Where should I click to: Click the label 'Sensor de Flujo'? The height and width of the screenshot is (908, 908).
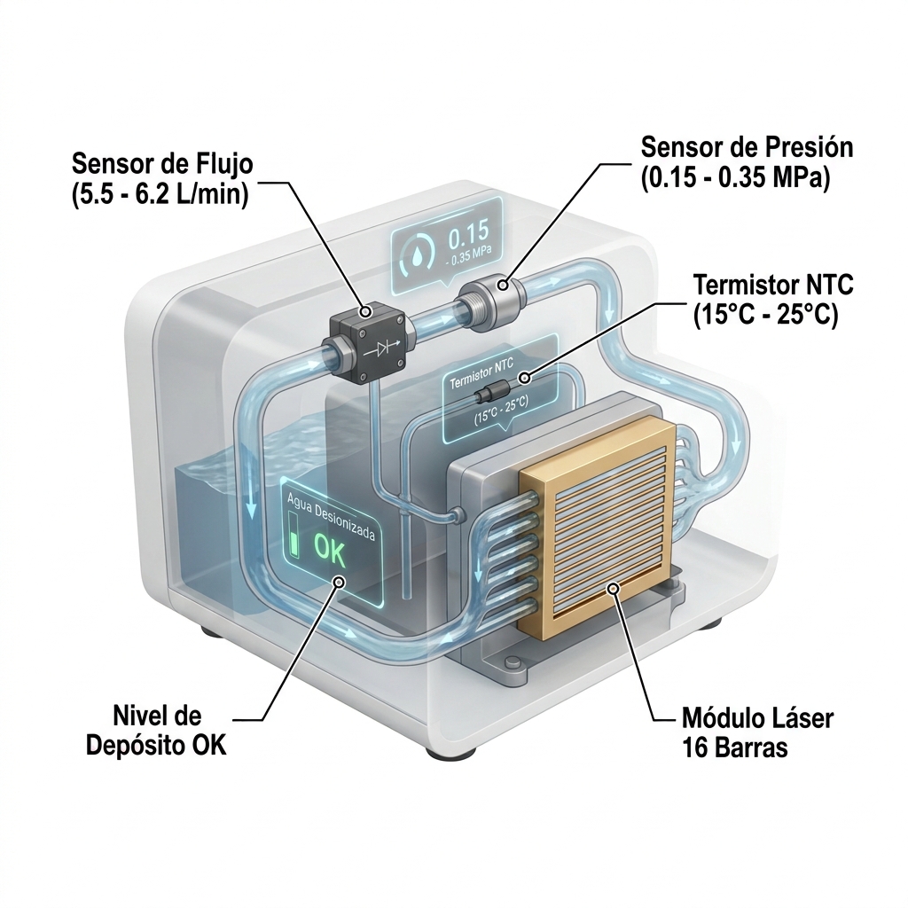163,164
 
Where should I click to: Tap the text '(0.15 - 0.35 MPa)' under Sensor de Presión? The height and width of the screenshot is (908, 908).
735,177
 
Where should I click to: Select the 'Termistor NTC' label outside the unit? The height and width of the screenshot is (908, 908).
773,286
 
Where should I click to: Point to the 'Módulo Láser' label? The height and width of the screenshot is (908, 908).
757,718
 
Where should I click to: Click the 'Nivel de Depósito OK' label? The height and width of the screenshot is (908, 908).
156,731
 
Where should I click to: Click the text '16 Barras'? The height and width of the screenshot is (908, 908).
735,748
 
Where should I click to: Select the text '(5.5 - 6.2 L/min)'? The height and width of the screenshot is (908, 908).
160,194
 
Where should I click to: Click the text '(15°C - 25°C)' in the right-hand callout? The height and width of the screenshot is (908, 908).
765,316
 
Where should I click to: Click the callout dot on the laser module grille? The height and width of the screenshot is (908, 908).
614,589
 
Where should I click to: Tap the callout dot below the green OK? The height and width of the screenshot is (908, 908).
339,582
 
